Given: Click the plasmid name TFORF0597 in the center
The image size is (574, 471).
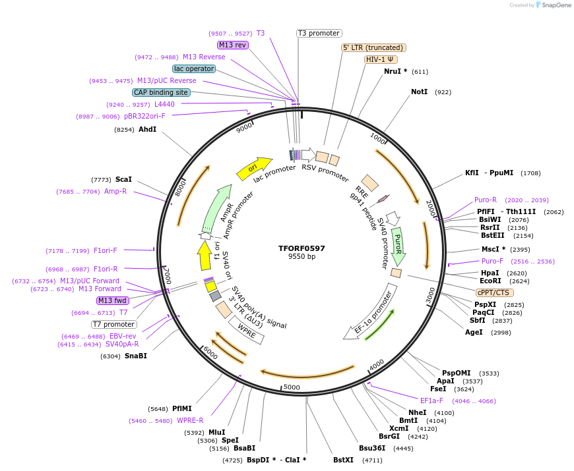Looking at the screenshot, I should [302, 248].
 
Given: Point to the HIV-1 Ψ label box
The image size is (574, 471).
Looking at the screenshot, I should [381, 59].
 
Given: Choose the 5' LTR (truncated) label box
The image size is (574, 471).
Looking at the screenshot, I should [373, 47].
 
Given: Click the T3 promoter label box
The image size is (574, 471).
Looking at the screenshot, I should [319, 33].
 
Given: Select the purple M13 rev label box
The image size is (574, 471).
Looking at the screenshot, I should [232, 45].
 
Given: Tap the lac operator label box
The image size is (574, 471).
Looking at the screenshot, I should [194, 69].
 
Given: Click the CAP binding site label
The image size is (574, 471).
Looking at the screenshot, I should [161, 92].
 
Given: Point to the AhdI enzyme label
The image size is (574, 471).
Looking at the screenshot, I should [147, 129].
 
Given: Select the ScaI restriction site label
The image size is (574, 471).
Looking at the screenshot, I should [123, 179].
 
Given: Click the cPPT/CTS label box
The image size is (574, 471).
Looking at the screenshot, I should [494, 292].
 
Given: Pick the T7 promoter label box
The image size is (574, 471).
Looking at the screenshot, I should [114, 324].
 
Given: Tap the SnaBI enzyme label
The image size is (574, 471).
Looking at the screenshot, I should [135, 356].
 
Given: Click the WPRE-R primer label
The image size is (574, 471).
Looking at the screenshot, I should [190, 420].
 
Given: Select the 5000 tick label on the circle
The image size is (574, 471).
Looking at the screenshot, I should [291, 387].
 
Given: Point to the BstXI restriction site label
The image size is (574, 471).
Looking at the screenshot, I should [343, 460].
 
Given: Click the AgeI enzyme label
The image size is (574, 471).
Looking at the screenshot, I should [474, 332].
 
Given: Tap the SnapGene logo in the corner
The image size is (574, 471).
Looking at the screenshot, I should [553, 5].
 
